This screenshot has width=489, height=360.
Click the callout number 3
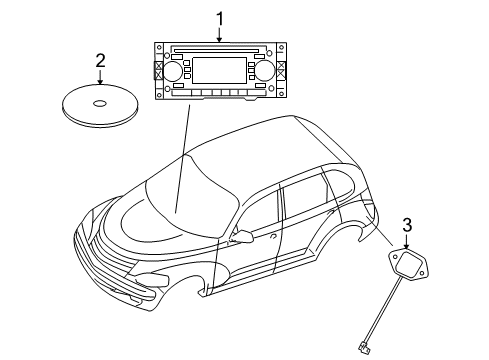(407, 224)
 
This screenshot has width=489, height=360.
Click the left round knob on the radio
(174, 72)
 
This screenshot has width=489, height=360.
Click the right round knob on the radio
(265, 71)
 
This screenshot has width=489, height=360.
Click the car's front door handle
(273, 237)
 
